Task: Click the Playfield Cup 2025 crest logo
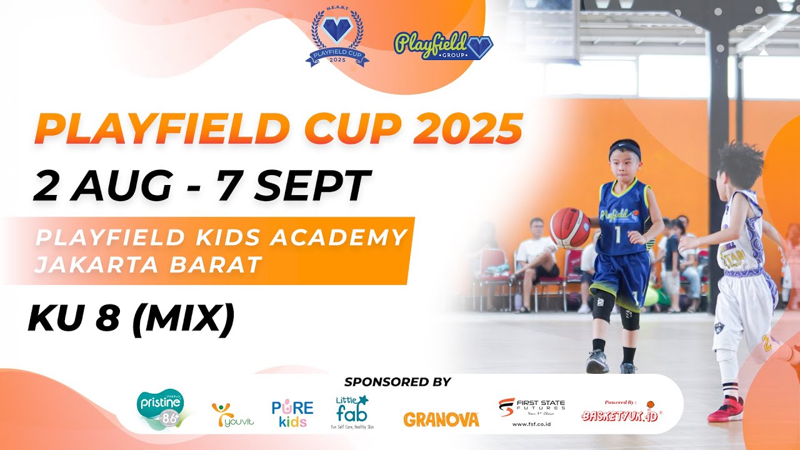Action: point(337,39)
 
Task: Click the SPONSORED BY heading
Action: point(397,382)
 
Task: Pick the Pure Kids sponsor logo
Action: point(292,413)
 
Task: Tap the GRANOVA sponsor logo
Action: point(441,419)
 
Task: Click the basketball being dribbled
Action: point(569,227)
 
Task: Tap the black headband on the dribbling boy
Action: point(625,150)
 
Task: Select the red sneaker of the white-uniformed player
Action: point(726,410)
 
